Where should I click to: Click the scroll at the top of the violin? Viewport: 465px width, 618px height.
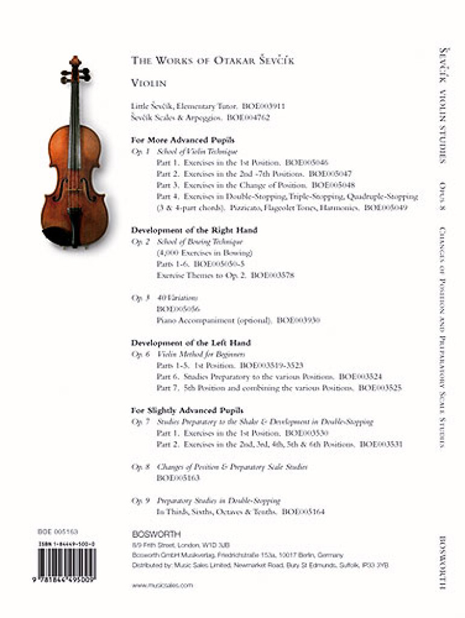[x=75, y=61]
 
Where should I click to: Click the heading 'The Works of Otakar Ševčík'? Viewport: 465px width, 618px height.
[x=213, y=61]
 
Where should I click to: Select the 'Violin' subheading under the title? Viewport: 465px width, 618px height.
[x=148, y=83]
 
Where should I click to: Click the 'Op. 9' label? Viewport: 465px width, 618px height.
[x=140, y=500]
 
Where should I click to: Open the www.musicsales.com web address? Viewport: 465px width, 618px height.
[x=162, y=585]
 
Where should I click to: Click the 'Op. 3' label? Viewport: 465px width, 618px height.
[x=140, y=298]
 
